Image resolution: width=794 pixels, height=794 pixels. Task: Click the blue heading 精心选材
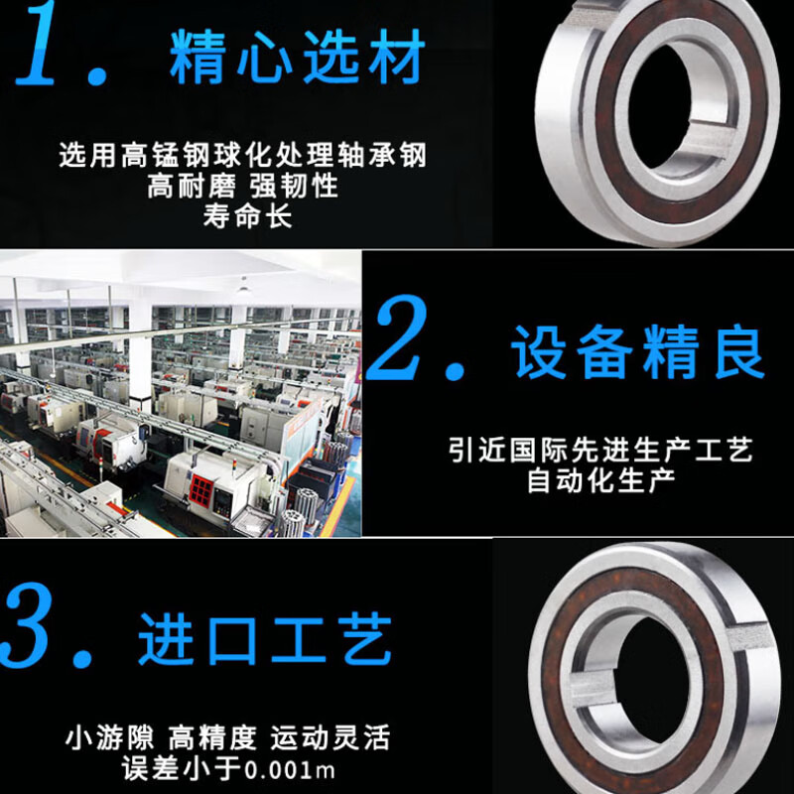point(297,57)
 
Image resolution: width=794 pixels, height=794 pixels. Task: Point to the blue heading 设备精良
point(638,352)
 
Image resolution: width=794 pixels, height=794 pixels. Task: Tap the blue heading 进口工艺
point(265,639)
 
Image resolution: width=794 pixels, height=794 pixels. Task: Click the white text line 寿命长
point(247,215)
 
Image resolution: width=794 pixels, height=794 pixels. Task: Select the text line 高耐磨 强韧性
point(243,186)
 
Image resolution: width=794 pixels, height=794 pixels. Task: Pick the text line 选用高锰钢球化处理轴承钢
point(242,155)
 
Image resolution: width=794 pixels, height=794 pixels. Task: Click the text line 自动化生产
point(601,480)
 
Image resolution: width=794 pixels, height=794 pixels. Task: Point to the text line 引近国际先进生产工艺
point(600,450)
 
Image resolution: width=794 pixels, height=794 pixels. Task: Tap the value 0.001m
point(290,770)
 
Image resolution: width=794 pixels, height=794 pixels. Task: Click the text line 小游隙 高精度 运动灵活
point(228,737)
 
